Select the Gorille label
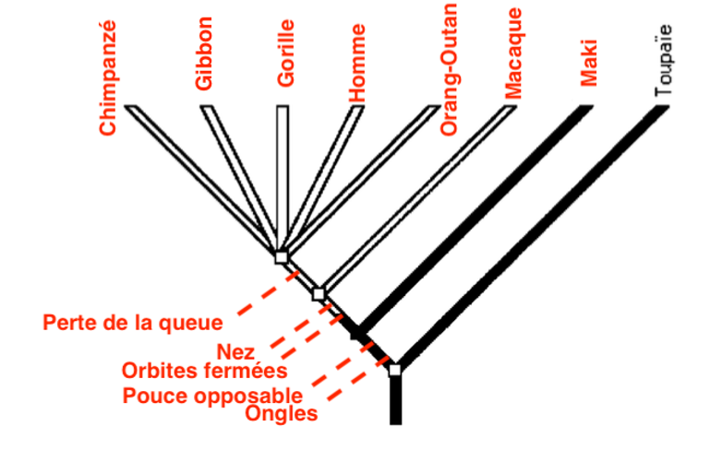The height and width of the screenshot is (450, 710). tap(286, 53)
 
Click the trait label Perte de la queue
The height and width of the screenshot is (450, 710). tap(133, 323)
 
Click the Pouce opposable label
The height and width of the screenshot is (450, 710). tap(211, 397)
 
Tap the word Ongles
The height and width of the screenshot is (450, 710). tap(282, 414)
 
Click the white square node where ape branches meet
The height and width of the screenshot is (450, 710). tap(282, 256)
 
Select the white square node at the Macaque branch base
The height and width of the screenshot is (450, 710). tap(319, 293)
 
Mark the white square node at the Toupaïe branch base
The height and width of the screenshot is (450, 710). tap(394, 369)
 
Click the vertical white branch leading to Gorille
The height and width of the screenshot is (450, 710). tap(283, 175)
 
